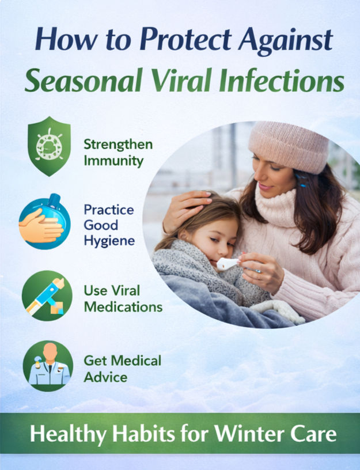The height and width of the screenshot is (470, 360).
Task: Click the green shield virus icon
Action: [49, 146]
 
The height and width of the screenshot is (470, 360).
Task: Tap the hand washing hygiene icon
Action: [45, 222]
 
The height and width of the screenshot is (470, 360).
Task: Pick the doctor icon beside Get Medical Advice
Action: [48, 366]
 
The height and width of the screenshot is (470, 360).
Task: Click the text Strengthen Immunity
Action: [113, 152]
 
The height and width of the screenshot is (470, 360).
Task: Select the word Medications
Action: [123, 307]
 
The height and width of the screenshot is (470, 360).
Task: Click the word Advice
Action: [105, 376]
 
